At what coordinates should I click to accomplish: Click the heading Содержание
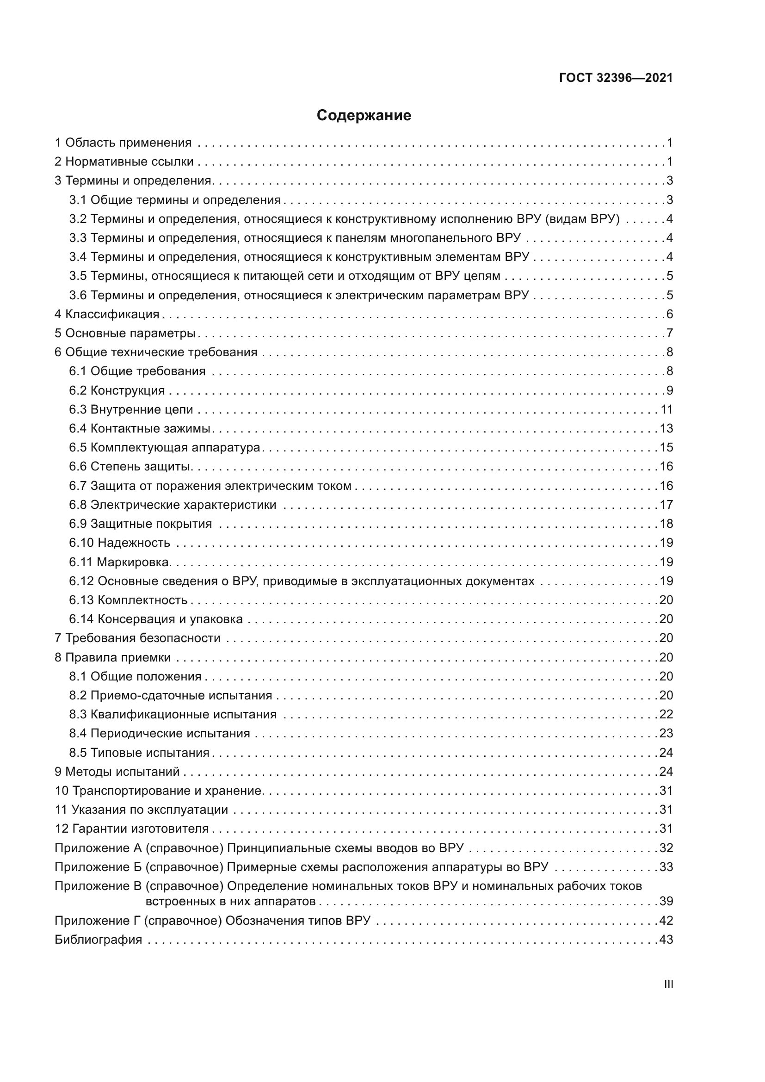364,116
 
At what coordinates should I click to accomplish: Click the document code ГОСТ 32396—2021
616,78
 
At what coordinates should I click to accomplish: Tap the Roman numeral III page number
668,984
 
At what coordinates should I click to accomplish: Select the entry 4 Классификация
107,314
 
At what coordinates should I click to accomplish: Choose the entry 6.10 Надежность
120,543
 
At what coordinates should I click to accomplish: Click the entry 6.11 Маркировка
119,562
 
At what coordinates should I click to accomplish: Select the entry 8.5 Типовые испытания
139,753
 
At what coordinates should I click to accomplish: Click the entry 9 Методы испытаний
117,772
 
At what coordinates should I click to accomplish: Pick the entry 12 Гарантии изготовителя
132,829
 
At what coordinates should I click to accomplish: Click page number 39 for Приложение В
666,902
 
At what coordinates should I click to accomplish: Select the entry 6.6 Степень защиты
130,467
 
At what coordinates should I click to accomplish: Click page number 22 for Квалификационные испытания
666,714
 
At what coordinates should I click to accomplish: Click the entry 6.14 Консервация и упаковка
156,619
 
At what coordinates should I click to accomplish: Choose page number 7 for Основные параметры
669,334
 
